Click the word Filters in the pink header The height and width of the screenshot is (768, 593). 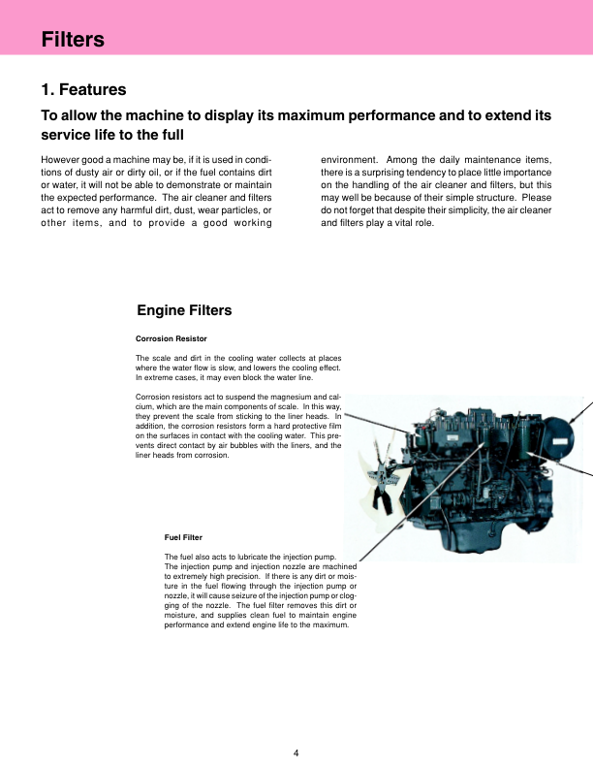point(73,40)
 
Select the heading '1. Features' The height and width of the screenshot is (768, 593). point(83,90)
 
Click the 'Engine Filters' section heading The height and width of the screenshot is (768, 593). point(184,310)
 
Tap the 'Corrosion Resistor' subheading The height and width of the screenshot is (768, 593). point(172,338)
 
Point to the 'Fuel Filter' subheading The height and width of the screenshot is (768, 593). point(183,537)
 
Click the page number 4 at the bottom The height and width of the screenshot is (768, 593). point(296,752)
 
